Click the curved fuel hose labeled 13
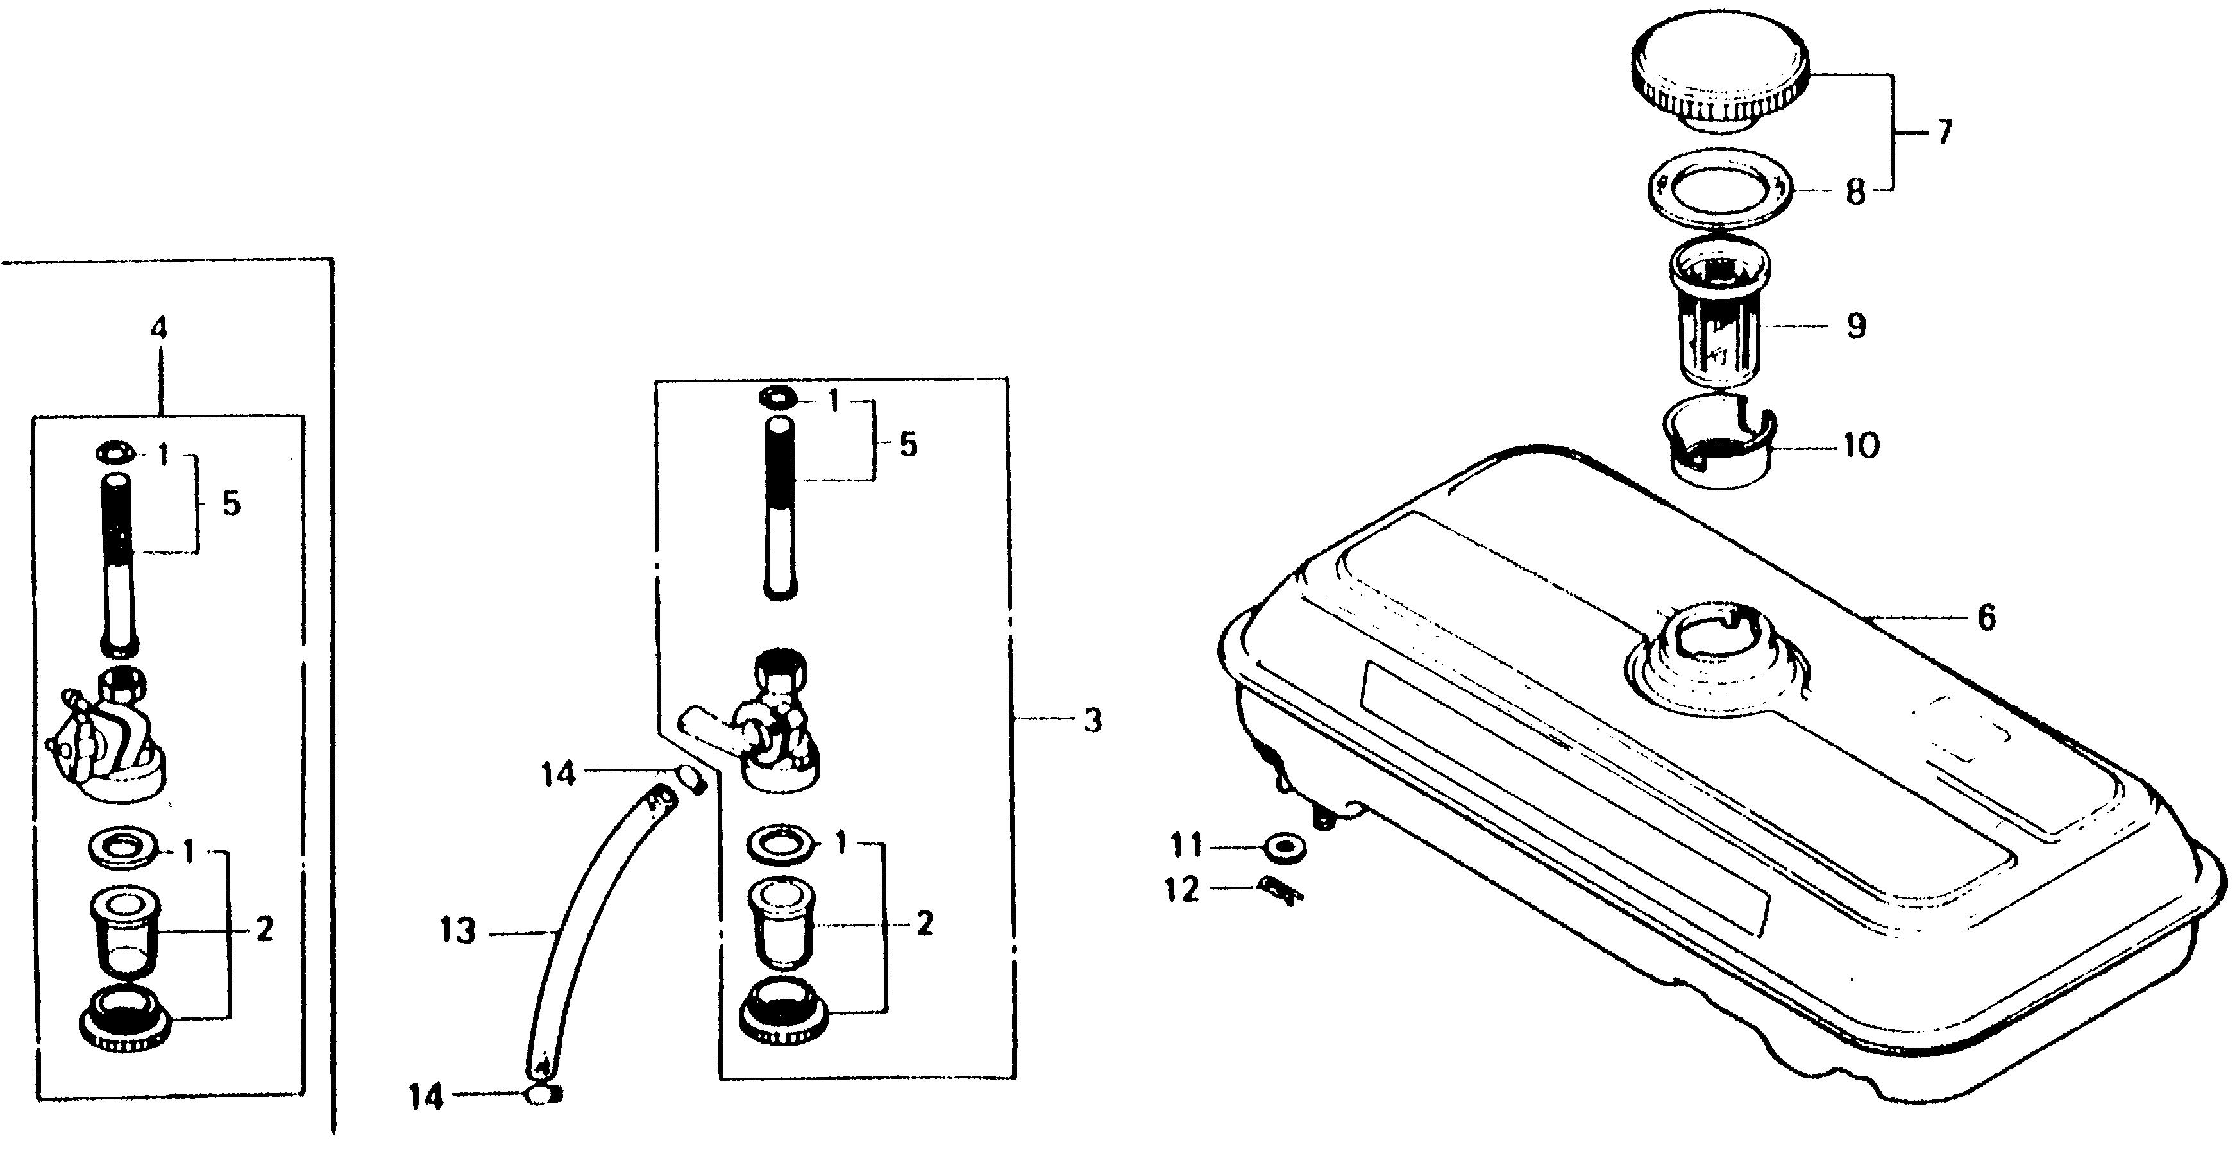(x=591, y=929)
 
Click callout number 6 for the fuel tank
(x=1987, y=617)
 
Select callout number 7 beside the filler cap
(x=1943, y=132)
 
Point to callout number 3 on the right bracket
(x=1092, y=720)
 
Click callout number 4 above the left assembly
(x=159, y=328)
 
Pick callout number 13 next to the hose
(x=458, y=932)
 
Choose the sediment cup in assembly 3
(x=779, y=924)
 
